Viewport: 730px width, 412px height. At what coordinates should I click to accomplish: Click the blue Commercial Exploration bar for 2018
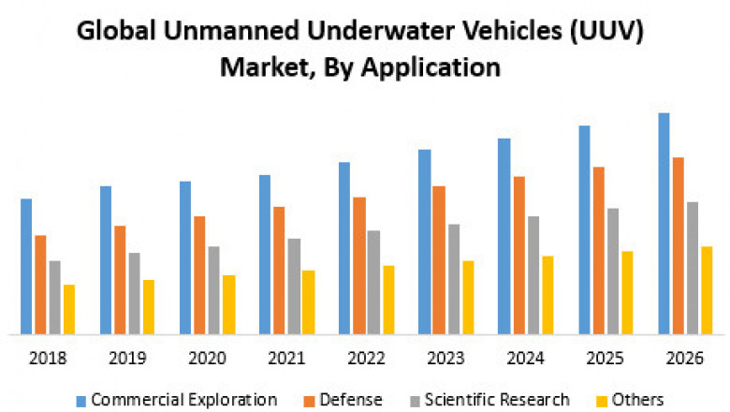click(26, 267)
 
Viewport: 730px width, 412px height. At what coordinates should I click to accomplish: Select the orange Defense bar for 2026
click(678, 245)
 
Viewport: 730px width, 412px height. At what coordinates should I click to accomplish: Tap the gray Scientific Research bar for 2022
click(373, 282)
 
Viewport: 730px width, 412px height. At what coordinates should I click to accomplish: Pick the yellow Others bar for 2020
click(228, 304)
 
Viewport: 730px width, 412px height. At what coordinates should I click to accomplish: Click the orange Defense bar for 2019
click(120, 279)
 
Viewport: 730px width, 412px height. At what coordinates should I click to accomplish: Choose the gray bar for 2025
click(613, 271)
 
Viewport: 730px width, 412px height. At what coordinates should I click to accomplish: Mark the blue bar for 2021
click(265, 254)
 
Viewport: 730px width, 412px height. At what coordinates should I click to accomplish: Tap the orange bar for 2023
click(439, 259)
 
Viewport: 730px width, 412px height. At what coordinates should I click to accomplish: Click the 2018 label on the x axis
click(47, 359)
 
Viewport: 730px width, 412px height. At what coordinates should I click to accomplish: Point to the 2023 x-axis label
click(445, 359)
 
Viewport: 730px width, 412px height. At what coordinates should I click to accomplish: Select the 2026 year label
click(684, 359)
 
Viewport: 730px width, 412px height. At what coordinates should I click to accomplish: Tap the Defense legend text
click(351, 400)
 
